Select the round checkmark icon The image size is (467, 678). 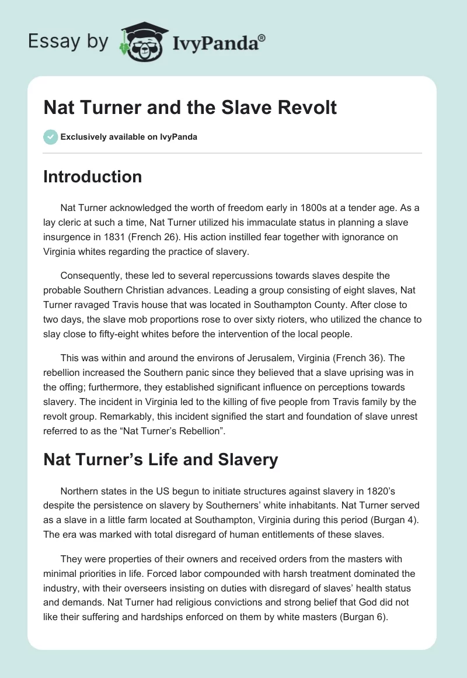50,137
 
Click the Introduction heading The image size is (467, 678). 92,177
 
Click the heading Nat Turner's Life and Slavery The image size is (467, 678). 161,460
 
